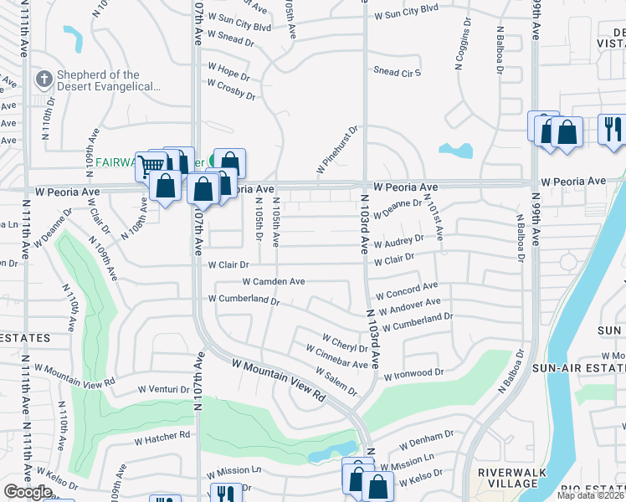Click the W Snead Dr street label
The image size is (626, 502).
(x=230, y=40)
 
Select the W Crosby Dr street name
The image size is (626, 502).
(x=231, y=90)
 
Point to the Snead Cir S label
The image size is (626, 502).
(x=397, y=72)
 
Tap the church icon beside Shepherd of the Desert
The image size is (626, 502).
(x=44, y=80)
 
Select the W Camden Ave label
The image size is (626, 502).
(x=274, y=282)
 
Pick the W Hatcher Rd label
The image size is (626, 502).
(x=162, y=436)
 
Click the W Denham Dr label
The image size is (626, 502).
(x=426, y=440)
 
